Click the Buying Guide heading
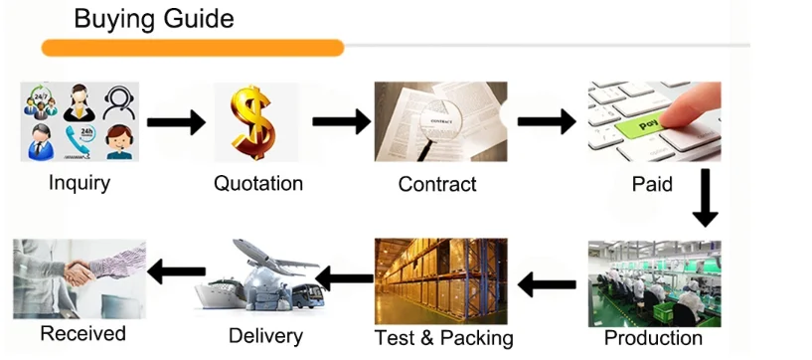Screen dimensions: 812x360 pos(154,20)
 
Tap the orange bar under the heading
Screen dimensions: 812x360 pos(193,48)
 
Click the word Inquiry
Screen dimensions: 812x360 pos(80,183)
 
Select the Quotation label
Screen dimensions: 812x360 pos(258,183)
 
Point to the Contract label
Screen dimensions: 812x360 pos(437,184)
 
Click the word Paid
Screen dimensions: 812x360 pos(652,183)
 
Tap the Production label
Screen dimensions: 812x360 pos(653,338)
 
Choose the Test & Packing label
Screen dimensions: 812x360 pos(444,338)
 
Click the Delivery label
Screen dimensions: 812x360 pos(265,336)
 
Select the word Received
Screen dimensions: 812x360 pos(82,333)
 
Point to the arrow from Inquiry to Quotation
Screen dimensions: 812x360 pos(176,122)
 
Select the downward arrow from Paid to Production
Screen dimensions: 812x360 pos(706,198)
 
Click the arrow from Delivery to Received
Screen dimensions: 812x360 pos(177,271)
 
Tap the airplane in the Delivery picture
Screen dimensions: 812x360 pos(273,258)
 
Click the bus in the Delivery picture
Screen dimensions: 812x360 pos(308,295)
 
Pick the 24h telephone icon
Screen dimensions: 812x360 pos(80,141)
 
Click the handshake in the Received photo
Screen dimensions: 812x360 pos(79,272)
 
